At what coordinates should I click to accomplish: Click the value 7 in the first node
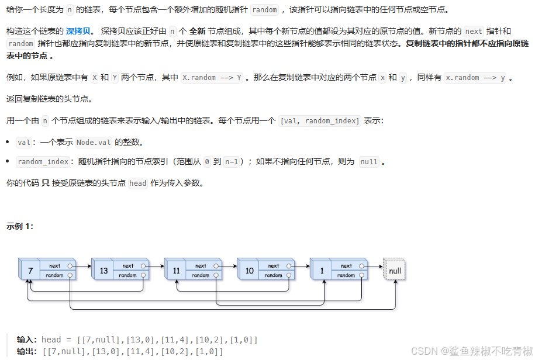29,271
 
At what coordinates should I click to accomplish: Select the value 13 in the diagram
103,271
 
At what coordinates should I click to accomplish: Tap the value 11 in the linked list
176,271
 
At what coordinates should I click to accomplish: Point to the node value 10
249,271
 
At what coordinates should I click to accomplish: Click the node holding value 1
322,271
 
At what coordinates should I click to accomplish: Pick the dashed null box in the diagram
395,271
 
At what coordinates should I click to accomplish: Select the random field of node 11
201,275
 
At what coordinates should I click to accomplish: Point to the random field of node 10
273,275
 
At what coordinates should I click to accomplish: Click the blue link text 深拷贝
78,31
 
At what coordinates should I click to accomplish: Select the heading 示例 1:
20,226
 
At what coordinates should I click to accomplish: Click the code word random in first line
264,10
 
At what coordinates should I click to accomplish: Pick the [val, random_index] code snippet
320,120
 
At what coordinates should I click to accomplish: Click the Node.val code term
94,142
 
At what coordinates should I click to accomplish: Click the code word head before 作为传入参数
138,183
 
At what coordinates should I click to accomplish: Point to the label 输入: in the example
27,340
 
